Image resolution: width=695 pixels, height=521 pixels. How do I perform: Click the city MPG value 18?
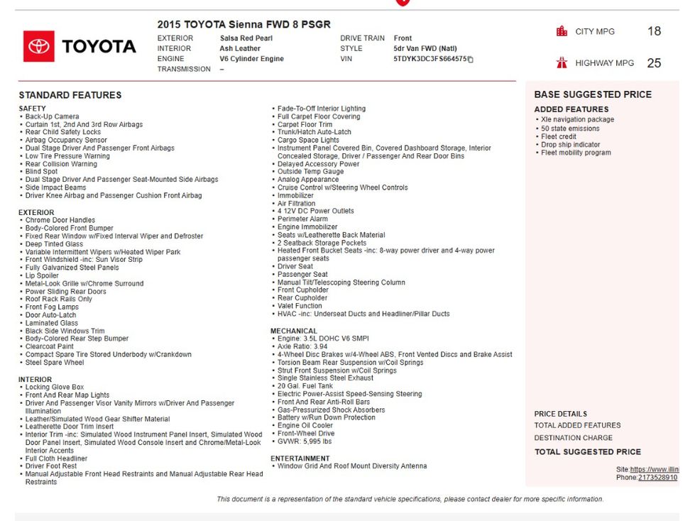[654, 31]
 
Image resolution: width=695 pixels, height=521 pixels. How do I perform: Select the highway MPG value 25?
[654, 63]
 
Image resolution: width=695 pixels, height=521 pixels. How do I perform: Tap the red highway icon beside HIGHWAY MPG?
[562, 62]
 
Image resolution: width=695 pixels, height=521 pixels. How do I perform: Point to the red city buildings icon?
[562, 31]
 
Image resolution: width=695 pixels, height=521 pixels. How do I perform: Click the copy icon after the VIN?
[471, 60]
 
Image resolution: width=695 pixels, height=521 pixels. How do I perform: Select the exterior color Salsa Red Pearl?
[246, 38]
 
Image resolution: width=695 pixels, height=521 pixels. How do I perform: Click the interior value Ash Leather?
[240, 49]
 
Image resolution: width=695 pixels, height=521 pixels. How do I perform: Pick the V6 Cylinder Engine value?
[251, 59]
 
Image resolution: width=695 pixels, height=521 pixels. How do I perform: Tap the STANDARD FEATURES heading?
[70, 95]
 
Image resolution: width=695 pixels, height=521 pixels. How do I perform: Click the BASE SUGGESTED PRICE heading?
[593, 94]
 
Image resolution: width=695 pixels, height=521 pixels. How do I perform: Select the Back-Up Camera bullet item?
[53, 116]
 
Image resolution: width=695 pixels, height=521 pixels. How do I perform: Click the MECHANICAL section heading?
[294, 331]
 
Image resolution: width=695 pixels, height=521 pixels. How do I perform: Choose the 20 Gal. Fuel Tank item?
[305, 386]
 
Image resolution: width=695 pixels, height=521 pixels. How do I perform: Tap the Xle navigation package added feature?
[577, 120]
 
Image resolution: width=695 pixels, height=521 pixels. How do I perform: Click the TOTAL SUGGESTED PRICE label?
[588, 451]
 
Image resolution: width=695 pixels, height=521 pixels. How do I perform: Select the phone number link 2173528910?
[657, 478]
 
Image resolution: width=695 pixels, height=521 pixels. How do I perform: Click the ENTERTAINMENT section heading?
[300, 459]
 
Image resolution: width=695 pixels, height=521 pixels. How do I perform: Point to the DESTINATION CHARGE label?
[574, 438]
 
